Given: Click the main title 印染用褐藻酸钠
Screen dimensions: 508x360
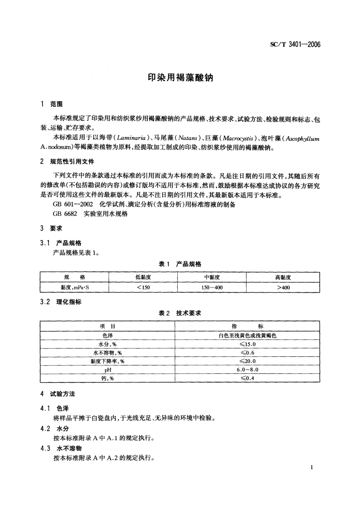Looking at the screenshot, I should coord(180,78).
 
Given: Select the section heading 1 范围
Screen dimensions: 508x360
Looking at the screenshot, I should coord(52,104).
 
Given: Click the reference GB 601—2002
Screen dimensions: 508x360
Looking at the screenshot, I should coord(73,205).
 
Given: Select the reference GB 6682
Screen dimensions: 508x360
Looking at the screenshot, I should coord(65,214).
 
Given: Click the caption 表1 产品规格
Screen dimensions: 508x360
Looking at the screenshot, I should coord(180,264).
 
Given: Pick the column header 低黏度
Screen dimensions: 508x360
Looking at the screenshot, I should coord(143,277).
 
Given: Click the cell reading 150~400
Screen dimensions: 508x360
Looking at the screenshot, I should coord(212,288).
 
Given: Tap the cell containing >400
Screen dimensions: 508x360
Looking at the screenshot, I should coord(283,288).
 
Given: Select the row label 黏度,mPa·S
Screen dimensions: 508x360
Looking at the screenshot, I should coord(75,288).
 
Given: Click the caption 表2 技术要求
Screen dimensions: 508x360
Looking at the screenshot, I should coord(180,313).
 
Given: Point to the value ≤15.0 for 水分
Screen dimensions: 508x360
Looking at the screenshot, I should coord(247,344).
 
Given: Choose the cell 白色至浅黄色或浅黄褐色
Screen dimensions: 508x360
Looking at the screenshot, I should coord(247,336).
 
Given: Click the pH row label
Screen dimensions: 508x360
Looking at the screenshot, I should coord(108,370).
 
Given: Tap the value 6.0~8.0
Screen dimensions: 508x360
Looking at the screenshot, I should coord(247,370).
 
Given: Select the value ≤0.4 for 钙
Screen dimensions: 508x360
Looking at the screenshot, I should coord(247,378).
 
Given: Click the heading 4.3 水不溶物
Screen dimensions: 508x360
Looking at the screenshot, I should coord(61,448).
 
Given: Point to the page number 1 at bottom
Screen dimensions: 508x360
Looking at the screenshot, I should coord(311,467).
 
